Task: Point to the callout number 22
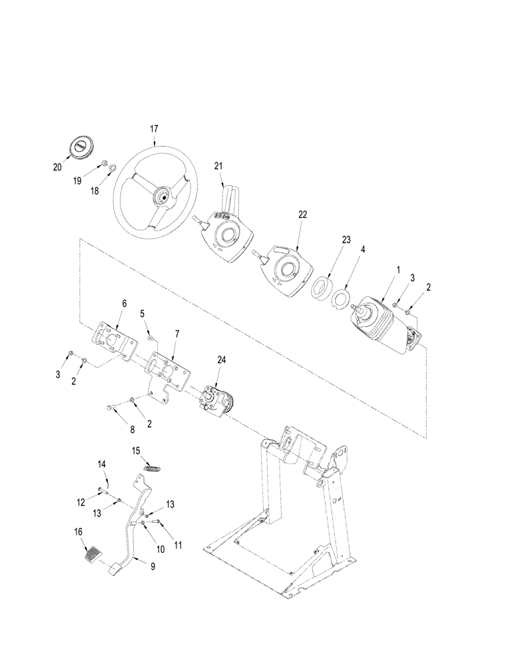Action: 302,214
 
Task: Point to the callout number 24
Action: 222,359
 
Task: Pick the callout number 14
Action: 102,464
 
